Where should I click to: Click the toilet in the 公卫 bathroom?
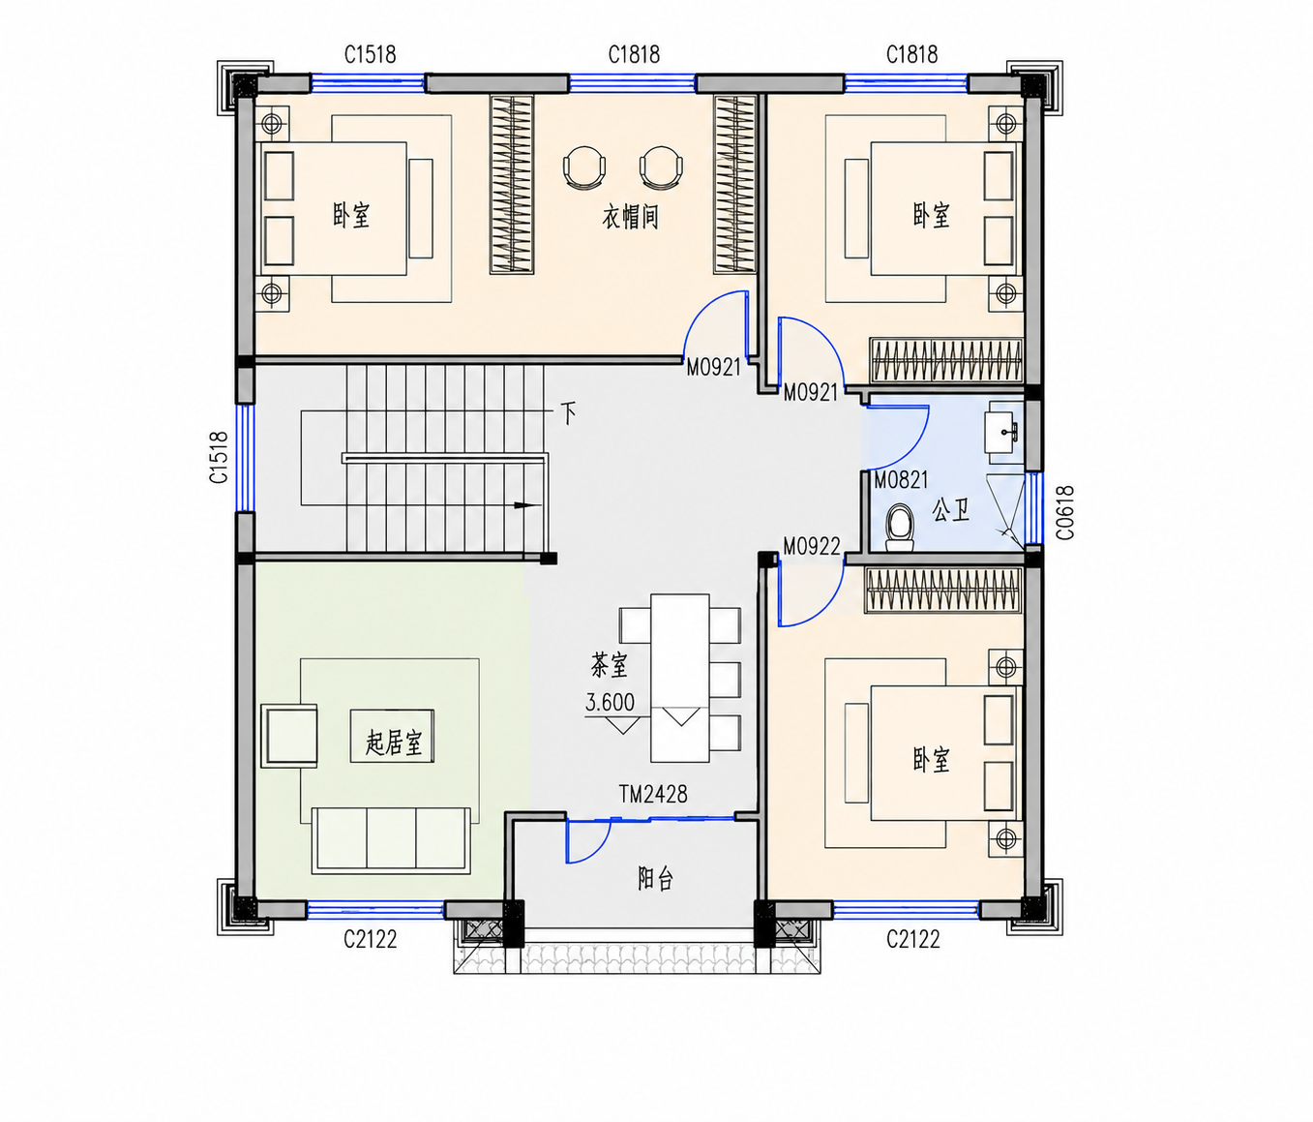[900, 528]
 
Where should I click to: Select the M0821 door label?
[901, 480]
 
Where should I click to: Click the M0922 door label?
[811, 546]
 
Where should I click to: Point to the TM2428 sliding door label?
[653, 794]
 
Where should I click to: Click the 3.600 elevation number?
[610, 702]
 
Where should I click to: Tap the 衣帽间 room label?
[630, 218]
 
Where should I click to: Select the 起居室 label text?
[393, 742]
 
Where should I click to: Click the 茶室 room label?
[610, 665]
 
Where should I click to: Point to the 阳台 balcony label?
[655, 879]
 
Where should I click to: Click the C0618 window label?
[1065, 512]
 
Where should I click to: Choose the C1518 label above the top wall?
[371, 54]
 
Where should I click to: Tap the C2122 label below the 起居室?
[371, 939]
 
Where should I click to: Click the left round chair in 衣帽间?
[583, 167]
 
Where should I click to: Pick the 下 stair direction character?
[568, 413]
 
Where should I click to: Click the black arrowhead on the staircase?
[524, 505]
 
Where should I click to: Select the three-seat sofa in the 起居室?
[391, 841]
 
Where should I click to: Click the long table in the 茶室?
[679, 678]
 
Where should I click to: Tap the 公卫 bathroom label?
[950, 510]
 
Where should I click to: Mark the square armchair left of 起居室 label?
[289, 736]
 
